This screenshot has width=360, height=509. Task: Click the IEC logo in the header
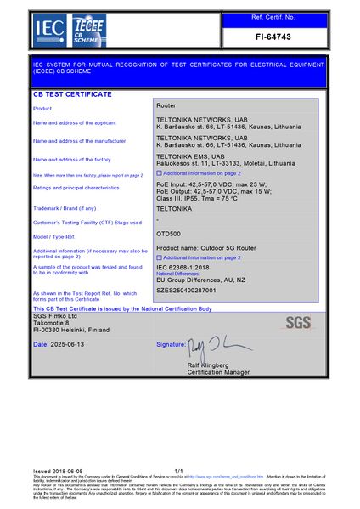coord(44,31)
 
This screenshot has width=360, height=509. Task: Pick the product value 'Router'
coord(166,105)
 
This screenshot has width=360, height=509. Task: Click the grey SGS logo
coord(298,322)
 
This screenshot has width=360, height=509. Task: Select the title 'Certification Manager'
coord(218,372)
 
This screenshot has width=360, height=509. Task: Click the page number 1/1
coord(178,470)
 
